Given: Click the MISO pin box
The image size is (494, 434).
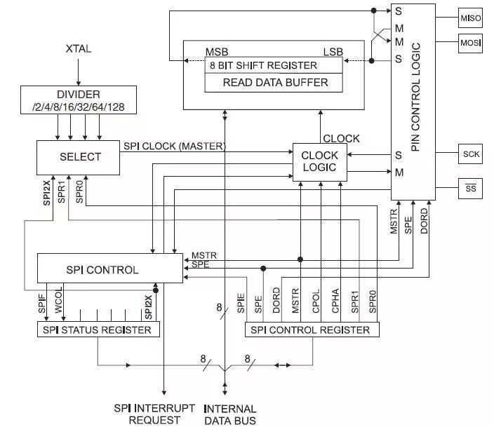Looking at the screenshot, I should pos(470,18).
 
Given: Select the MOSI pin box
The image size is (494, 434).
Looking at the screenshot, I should pos(470,43).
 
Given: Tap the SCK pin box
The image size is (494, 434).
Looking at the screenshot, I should pos(470,154).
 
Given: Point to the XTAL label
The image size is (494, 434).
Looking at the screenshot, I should pos(79,49).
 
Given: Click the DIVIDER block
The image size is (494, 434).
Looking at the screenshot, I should pos(78,100).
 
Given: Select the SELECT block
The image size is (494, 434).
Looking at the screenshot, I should pos(79,156).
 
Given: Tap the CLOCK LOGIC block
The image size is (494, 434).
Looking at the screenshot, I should pos(319,161).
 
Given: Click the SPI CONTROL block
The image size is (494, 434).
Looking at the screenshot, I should pos(102,269).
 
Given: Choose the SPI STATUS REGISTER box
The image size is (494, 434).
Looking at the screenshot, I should pos(98,330).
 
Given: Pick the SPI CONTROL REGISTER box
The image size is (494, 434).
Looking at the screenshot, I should pos(310,330).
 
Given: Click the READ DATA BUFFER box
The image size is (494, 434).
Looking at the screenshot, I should pos(274,82).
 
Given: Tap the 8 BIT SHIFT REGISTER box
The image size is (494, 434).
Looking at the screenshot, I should pos(264,65).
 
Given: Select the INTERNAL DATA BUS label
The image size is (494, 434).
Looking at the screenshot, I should pos(229,414).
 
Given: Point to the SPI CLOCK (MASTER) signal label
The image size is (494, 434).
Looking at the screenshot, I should pos(174,146).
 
